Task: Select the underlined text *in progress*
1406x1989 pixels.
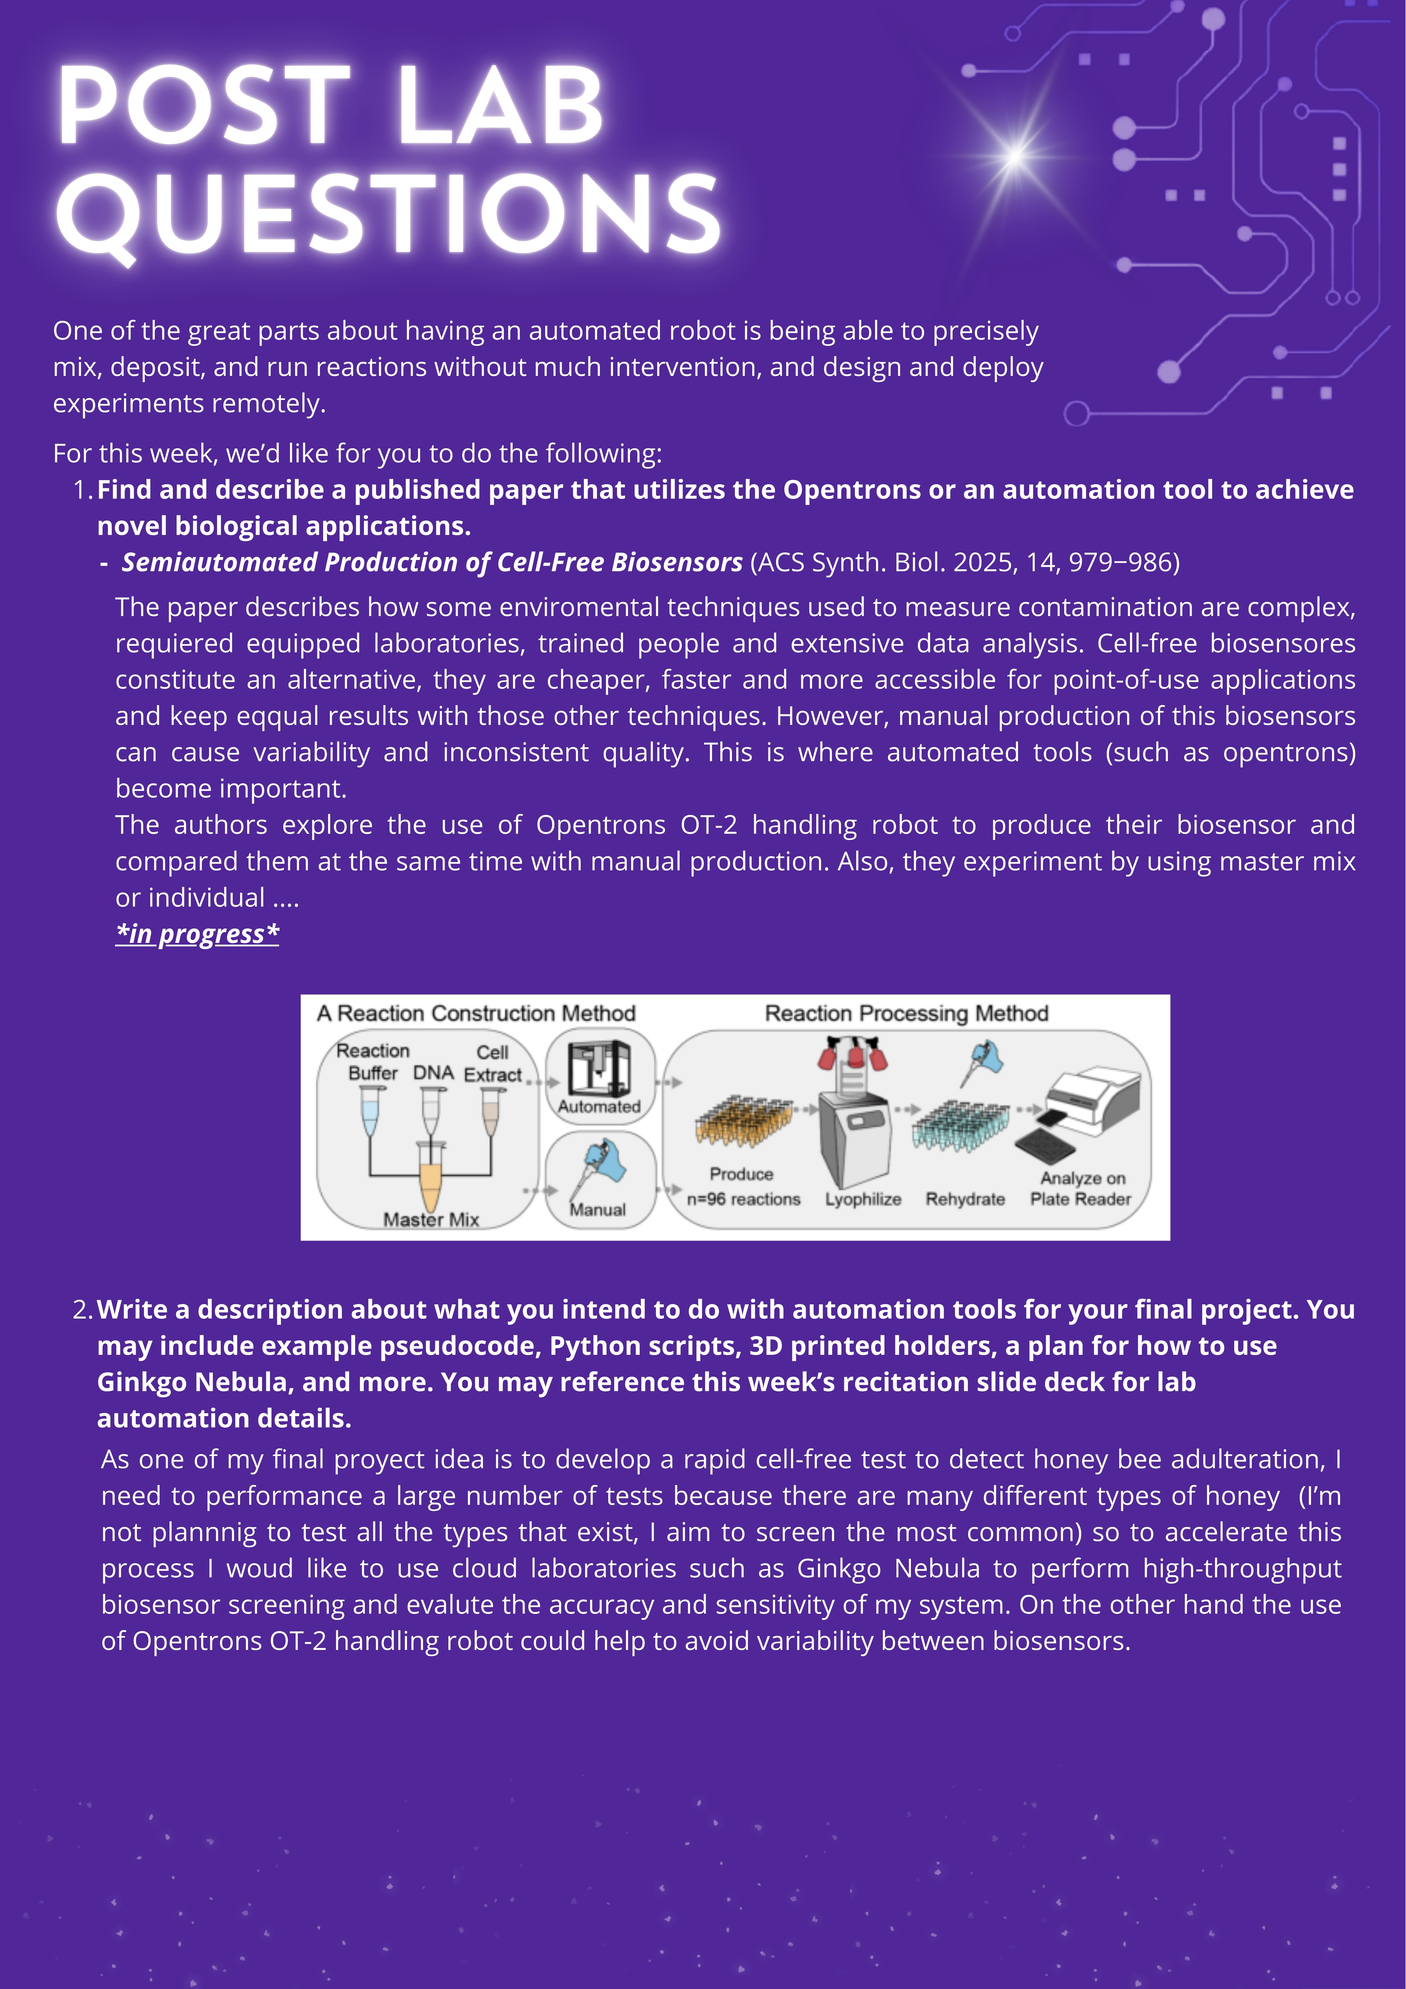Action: [198, 934]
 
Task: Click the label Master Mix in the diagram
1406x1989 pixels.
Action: [431, 1219]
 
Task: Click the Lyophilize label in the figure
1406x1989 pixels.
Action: [863, 1199]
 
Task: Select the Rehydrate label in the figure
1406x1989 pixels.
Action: [965, 1199]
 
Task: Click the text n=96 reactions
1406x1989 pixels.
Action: [743, 1199]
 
